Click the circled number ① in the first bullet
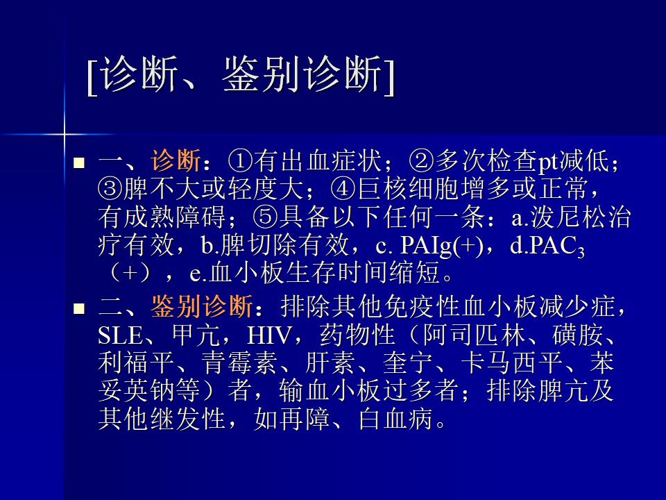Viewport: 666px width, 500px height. tap(241, 160)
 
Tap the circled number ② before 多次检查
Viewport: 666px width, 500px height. tap(421, 160)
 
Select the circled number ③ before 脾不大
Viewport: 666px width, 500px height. tap(110, 188)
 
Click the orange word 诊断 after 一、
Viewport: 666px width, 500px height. tap(176, 160)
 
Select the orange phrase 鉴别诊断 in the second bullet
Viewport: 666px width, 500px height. tap(202, 306)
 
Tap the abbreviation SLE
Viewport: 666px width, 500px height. tap(121, 335)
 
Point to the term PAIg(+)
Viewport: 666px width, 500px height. tap(442, 246)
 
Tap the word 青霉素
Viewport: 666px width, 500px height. tap(239, 362)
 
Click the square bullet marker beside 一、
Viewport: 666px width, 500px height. tap(79, 162)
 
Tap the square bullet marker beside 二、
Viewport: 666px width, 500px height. tap(79, 308)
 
